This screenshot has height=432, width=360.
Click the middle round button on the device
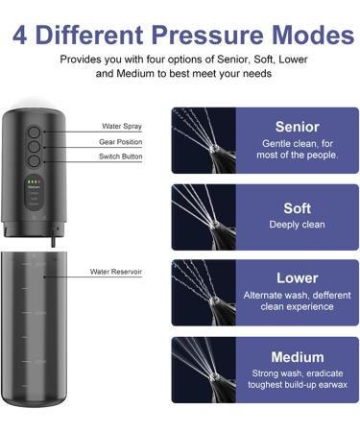pos(34,150)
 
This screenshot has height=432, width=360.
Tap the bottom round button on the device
pos(34,165)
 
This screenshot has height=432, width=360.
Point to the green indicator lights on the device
pos(32,180)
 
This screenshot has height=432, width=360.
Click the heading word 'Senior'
pos(297,127)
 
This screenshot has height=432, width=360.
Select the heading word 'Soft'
pos(297,206)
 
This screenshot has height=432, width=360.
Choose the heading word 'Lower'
pos(297,278)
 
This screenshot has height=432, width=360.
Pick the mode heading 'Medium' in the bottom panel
pos(297,357)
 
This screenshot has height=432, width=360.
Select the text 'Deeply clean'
pos(297,225)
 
